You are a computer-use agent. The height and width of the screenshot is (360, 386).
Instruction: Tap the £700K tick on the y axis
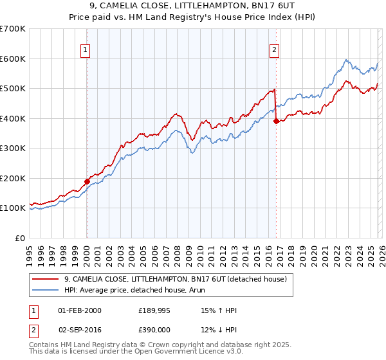[13, 29]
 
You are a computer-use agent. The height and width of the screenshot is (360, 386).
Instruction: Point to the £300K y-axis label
[13, 148]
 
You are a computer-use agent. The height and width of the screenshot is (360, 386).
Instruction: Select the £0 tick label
[20, 238]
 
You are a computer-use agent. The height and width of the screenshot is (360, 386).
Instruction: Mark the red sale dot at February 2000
[87, 181]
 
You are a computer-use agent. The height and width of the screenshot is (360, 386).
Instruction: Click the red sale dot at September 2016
[276, 121]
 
